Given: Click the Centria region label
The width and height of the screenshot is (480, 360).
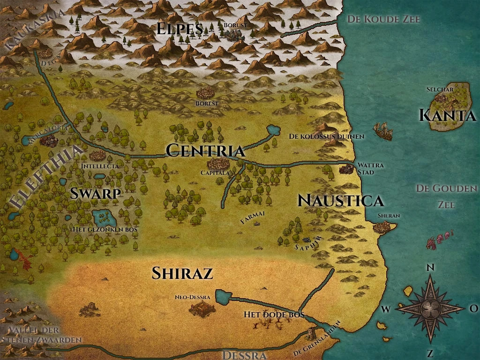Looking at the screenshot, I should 205,150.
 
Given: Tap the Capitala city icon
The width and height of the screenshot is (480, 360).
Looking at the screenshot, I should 217,164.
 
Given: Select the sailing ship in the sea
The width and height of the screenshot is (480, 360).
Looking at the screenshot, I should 383,131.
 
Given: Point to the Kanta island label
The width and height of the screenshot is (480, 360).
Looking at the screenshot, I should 447,115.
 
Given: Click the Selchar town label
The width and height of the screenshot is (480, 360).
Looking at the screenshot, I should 439,89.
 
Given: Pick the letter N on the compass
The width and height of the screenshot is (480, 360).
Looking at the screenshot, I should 430,268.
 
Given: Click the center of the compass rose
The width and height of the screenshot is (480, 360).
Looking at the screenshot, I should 430,308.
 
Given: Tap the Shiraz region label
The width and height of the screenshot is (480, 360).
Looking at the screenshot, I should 182,273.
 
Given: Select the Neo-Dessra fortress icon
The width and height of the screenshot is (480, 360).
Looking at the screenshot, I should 202,308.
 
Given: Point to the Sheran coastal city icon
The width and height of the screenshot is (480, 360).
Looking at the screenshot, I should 383,227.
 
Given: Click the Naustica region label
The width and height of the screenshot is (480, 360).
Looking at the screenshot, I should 341,201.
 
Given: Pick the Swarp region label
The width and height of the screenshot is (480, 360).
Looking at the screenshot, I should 96,193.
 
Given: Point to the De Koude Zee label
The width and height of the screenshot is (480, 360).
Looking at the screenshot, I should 383,19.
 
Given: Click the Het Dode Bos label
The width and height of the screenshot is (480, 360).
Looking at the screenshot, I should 274,315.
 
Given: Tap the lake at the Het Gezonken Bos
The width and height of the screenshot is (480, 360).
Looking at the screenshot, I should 105,217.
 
